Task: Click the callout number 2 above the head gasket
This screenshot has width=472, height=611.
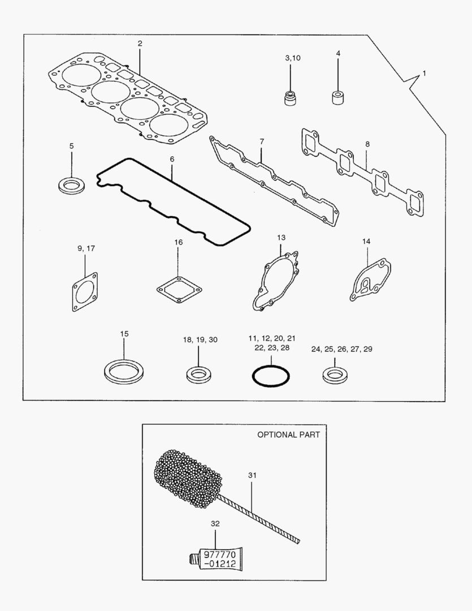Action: point(140,44)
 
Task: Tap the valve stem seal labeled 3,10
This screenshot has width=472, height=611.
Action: point(290,97)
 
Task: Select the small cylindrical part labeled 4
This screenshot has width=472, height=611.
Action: point(338,97)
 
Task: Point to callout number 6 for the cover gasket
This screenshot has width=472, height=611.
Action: point(172,160)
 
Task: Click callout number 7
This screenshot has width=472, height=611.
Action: point(262,140)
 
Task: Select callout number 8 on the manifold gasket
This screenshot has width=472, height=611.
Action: point(367,144)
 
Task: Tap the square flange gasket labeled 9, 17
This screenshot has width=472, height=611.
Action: point(85,292)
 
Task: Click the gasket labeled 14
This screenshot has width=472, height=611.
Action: point(369,281)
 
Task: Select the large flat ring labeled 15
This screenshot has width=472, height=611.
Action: point(124,371)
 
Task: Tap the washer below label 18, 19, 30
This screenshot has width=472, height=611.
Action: point(199,373)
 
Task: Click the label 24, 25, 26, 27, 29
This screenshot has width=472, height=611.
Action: point(341,349)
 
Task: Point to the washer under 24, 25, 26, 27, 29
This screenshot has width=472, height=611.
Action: point(334,374)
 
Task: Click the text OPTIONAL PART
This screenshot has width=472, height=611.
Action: point(288,434)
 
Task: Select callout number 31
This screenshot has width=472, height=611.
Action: point(252,475)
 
